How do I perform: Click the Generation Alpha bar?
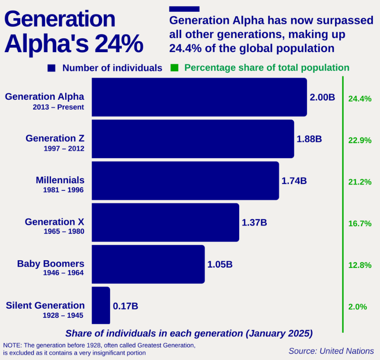pos(199,97)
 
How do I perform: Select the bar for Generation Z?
pos(192,139)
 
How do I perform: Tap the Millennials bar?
pos(185,180)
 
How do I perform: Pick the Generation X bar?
pos(165,222)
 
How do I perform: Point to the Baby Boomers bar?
pos(148,264)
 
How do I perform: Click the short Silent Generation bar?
pos(101,306)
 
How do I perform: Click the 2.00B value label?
pos(322,97)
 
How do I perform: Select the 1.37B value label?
pos(254,223)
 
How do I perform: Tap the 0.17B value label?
pos(125,306)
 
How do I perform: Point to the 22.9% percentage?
pos(360,141)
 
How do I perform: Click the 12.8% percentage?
pos(360,265)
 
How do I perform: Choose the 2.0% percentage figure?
pos(357,306)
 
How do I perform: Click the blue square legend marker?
pos(51,68)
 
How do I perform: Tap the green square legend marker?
pos(174,68)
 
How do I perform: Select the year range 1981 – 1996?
pos(63,190)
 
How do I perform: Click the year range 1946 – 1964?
pos(63,273)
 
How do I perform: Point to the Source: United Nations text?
pos(331,350)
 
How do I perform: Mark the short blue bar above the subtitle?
pos(184,9)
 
